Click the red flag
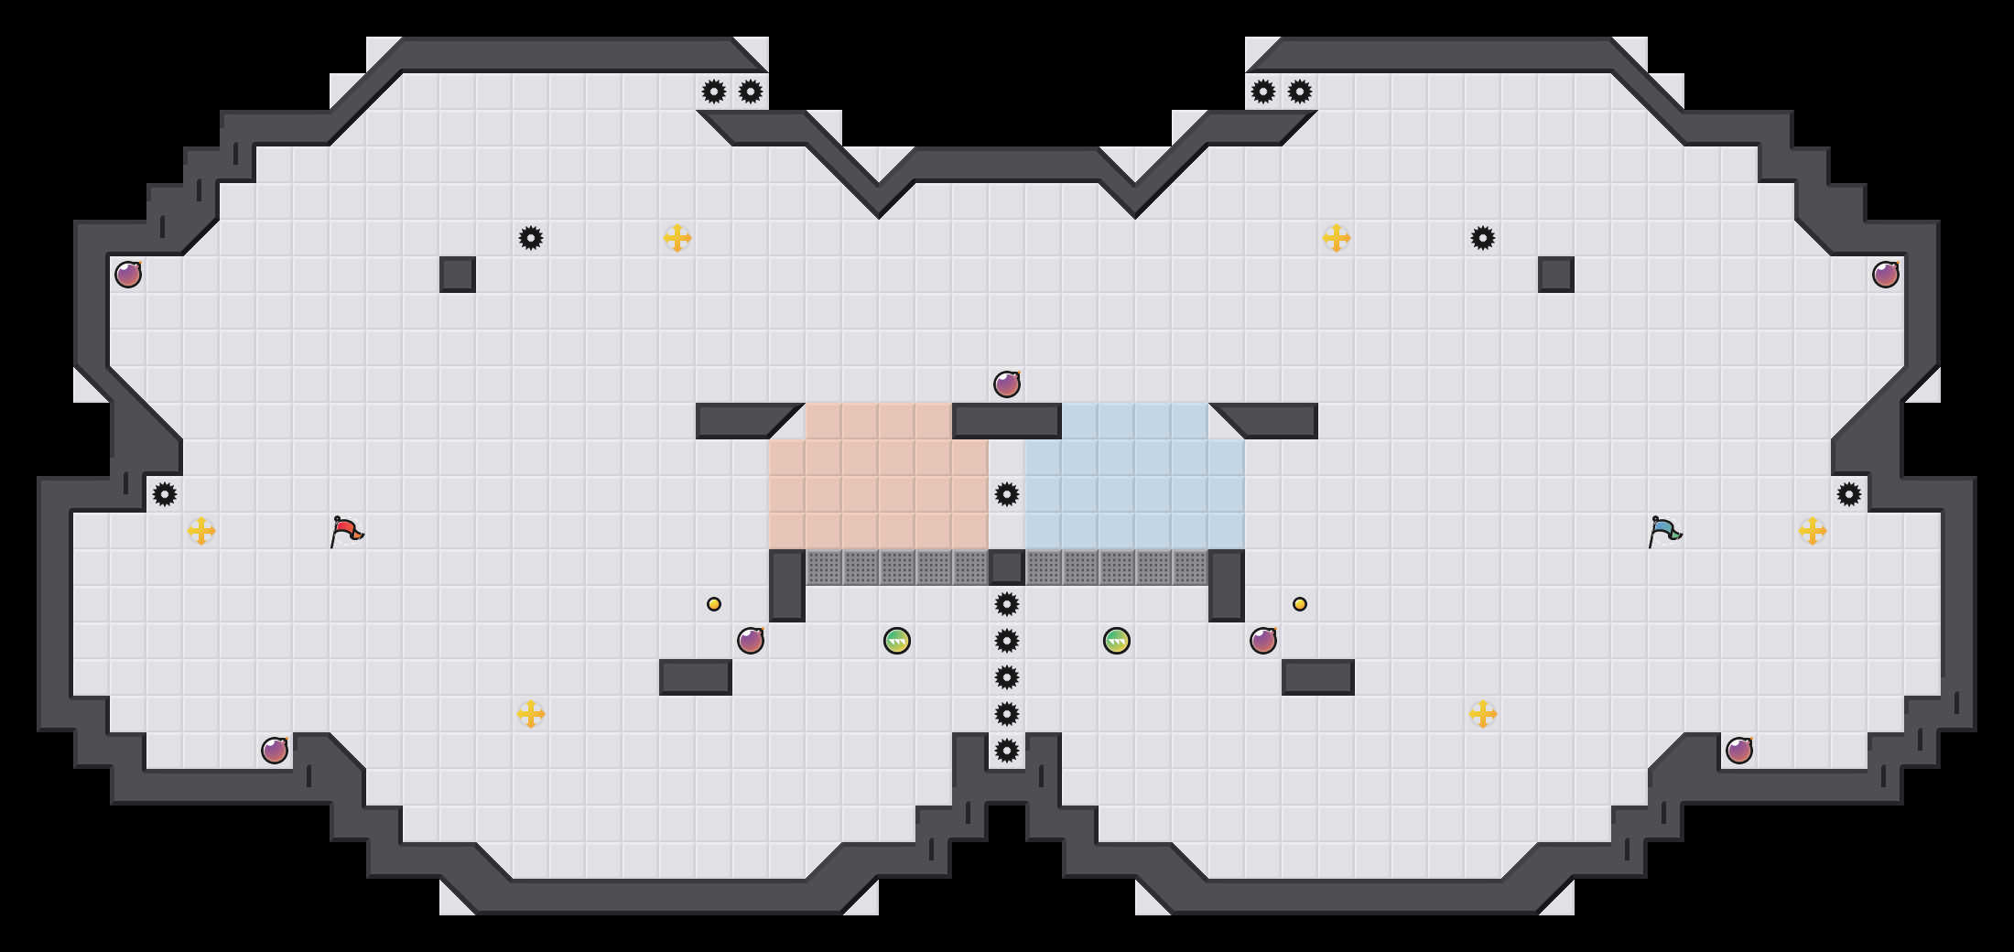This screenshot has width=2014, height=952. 346,531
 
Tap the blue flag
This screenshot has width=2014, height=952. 1664,531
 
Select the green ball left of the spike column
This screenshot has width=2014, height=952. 897,641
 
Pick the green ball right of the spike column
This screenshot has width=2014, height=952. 1117,641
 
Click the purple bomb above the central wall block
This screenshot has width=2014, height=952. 1007,384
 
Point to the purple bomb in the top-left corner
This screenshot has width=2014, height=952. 128,275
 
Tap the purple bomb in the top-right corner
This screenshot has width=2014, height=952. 1886,275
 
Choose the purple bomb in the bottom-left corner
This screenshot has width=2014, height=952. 275,751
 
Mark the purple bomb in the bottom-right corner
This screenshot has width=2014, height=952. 1739,751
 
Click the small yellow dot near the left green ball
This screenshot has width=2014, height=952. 714,604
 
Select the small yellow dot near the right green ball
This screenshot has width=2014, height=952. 1300,604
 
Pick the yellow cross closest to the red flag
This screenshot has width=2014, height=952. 201,531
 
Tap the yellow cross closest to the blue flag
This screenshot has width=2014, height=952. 1813,531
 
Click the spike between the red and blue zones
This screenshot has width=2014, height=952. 1007,494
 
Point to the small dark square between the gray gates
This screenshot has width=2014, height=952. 1007,568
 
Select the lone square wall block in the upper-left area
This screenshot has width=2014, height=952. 458,275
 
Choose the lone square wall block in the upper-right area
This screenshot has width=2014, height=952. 1556,275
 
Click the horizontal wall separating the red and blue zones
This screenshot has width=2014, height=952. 1007,421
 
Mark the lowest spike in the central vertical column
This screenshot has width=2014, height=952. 1007,751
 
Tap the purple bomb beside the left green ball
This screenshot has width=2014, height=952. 751,641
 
